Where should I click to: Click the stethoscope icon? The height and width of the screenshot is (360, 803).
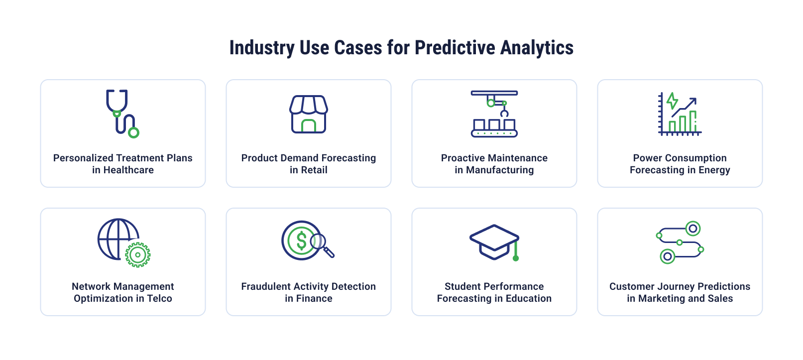click(x=121, y=114)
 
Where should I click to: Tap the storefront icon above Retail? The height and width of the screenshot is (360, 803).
click(x=309, y=114)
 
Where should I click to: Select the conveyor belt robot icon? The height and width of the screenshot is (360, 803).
click(x=494, y=114)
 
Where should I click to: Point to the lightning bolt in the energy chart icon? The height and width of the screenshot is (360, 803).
click(x=672, y=101)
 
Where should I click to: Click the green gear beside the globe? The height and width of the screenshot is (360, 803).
click(x=138, y=255)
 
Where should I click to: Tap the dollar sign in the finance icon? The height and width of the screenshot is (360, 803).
click(x=301, y=240)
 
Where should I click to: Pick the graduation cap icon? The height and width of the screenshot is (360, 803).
click(x=494, y=242)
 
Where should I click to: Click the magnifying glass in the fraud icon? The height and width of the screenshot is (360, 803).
click(x=321, y=244)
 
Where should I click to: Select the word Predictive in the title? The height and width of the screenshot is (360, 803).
click(x=455, y=48)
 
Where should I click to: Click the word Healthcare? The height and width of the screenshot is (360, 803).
click(x=128, y=170)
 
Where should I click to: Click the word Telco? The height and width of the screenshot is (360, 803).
click(x=159, y=299)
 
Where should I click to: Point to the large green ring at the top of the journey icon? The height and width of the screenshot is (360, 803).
click(x=692, y=229)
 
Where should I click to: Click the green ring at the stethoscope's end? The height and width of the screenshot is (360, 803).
click(x=133, y=132)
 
